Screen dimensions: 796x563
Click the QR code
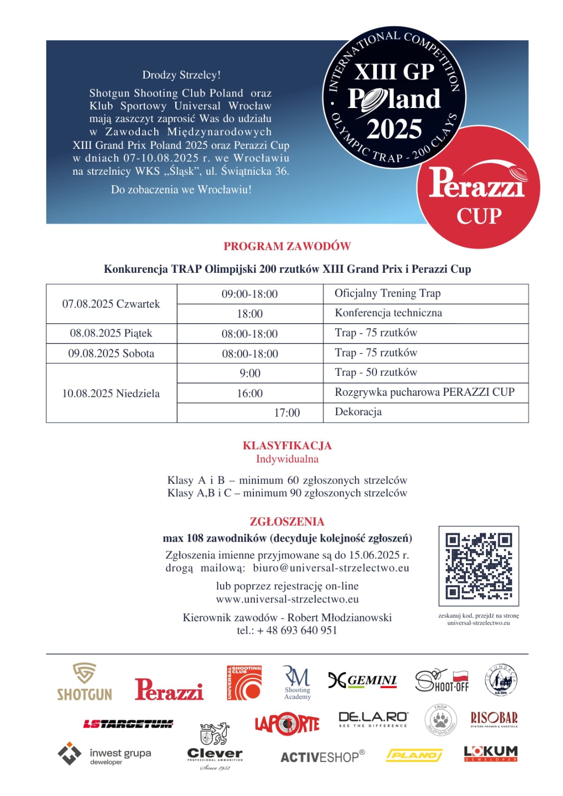[478, 566]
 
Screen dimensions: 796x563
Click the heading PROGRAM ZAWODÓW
[287, 246]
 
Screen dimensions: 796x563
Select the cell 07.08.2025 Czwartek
[111, 304]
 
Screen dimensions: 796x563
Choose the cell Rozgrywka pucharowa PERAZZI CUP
[425, 392]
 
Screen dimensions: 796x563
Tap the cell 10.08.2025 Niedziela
[111, 393]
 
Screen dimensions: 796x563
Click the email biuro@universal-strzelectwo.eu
[331, 568]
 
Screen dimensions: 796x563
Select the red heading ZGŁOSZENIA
[287, 522]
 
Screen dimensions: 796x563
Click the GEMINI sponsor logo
[362, 681]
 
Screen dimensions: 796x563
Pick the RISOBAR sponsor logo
[494, 719]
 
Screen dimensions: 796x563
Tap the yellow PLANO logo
[414, 756]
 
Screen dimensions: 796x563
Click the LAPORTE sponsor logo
[287, 724]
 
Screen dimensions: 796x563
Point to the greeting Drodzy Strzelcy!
[181, 75]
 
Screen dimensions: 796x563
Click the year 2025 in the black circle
[394, 129]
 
